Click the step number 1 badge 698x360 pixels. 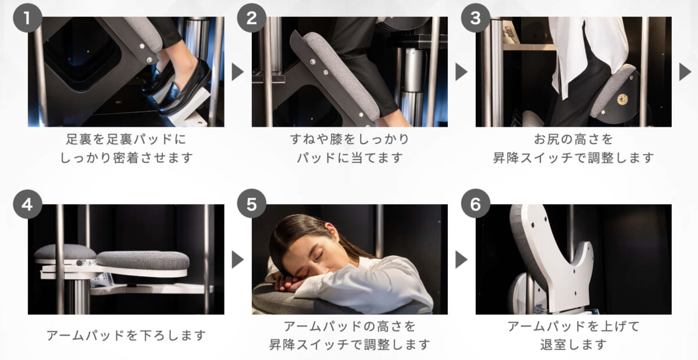pyautogui.click(x=27, y=18)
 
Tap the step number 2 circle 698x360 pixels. pyautogui.click(x=251, y=18)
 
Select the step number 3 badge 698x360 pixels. pyautogui.click(x=475, y=18)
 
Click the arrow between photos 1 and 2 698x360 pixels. pyautogui.click(x=237, y=72)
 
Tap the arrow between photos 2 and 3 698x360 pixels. pyautogui.click(x=461, y=72)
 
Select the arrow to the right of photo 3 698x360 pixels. pyautogui.click(x=685, y=72)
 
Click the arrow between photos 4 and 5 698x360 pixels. pyautogui.click(x=237, y=259)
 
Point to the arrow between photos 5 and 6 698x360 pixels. pyautogui.click(x=461, y=259)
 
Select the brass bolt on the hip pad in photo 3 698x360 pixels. pyautogui.click(x=622, y=99)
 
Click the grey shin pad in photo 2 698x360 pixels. pyautogui.click(x=343, y=75)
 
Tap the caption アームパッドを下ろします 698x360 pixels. pyautogui.click(x=126, y=336)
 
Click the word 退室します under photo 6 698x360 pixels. pyautogui.click(x=574, y=345)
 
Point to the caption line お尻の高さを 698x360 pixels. pyautogui.click(x=574, y=139)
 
